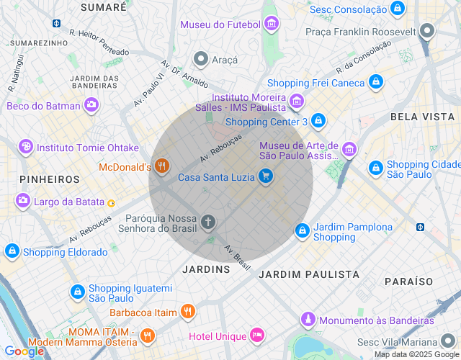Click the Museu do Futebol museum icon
(271, 24)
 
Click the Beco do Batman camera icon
(91, 106)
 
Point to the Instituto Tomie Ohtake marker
(26, 147)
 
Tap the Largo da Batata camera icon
(23, 201)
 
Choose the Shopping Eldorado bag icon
(12, 251)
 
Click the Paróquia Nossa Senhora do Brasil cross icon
(208, 222)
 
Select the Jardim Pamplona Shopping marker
(303, 231)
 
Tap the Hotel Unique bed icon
(257, 336)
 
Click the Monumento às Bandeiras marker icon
(308, 320)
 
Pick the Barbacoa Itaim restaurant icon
(188, 312)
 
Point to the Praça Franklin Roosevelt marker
(428, 31)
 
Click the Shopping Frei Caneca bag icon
(375, 82)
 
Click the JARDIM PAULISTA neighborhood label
(308, 274)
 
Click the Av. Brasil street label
(237, 258)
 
